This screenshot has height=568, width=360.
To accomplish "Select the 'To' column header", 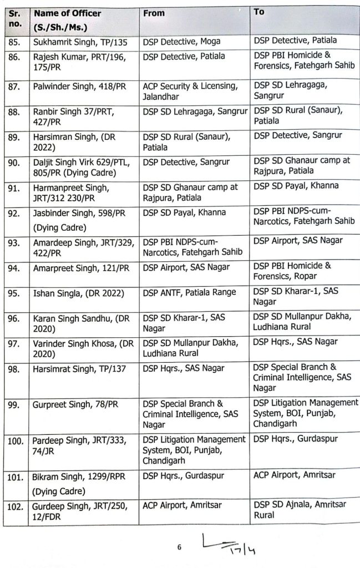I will click(259, 12).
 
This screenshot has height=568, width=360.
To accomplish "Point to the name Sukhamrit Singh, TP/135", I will click(75, 41).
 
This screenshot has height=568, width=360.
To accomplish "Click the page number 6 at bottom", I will click(179, 547).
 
